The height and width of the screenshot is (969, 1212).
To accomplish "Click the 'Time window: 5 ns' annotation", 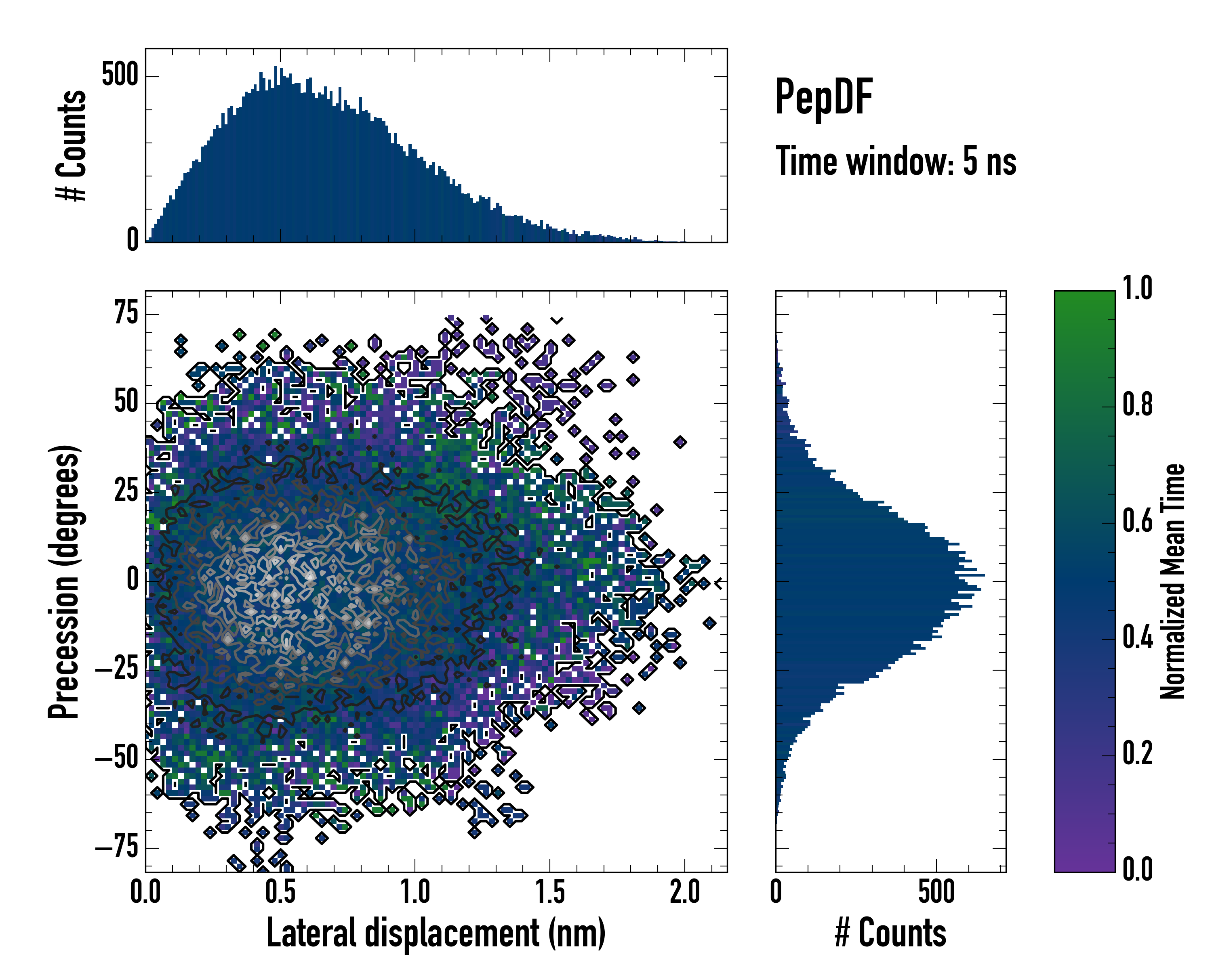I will tap(896, 161).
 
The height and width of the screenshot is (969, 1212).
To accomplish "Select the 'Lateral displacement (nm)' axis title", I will tap(436, 933).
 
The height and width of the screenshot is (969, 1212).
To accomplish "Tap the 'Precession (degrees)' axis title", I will tap(63, 581).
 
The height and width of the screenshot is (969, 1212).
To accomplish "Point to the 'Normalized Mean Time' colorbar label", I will tap(1173, 581).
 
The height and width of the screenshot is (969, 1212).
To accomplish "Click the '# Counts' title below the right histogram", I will tap(890, 933).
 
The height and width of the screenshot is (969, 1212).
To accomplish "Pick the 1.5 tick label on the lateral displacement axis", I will tap(550, 892).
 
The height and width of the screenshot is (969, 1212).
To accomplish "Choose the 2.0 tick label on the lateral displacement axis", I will tap(685, 892).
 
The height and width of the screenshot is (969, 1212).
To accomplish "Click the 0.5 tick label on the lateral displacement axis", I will tap(280, 892).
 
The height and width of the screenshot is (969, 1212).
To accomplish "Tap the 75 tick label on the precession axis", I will tap(126, 313).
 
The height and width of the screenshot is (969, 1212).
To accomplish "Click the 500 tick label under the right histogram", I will tap(936, 892).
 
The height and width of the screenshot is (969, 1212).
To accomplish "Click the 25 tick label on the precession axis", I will tap(126, 491).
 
